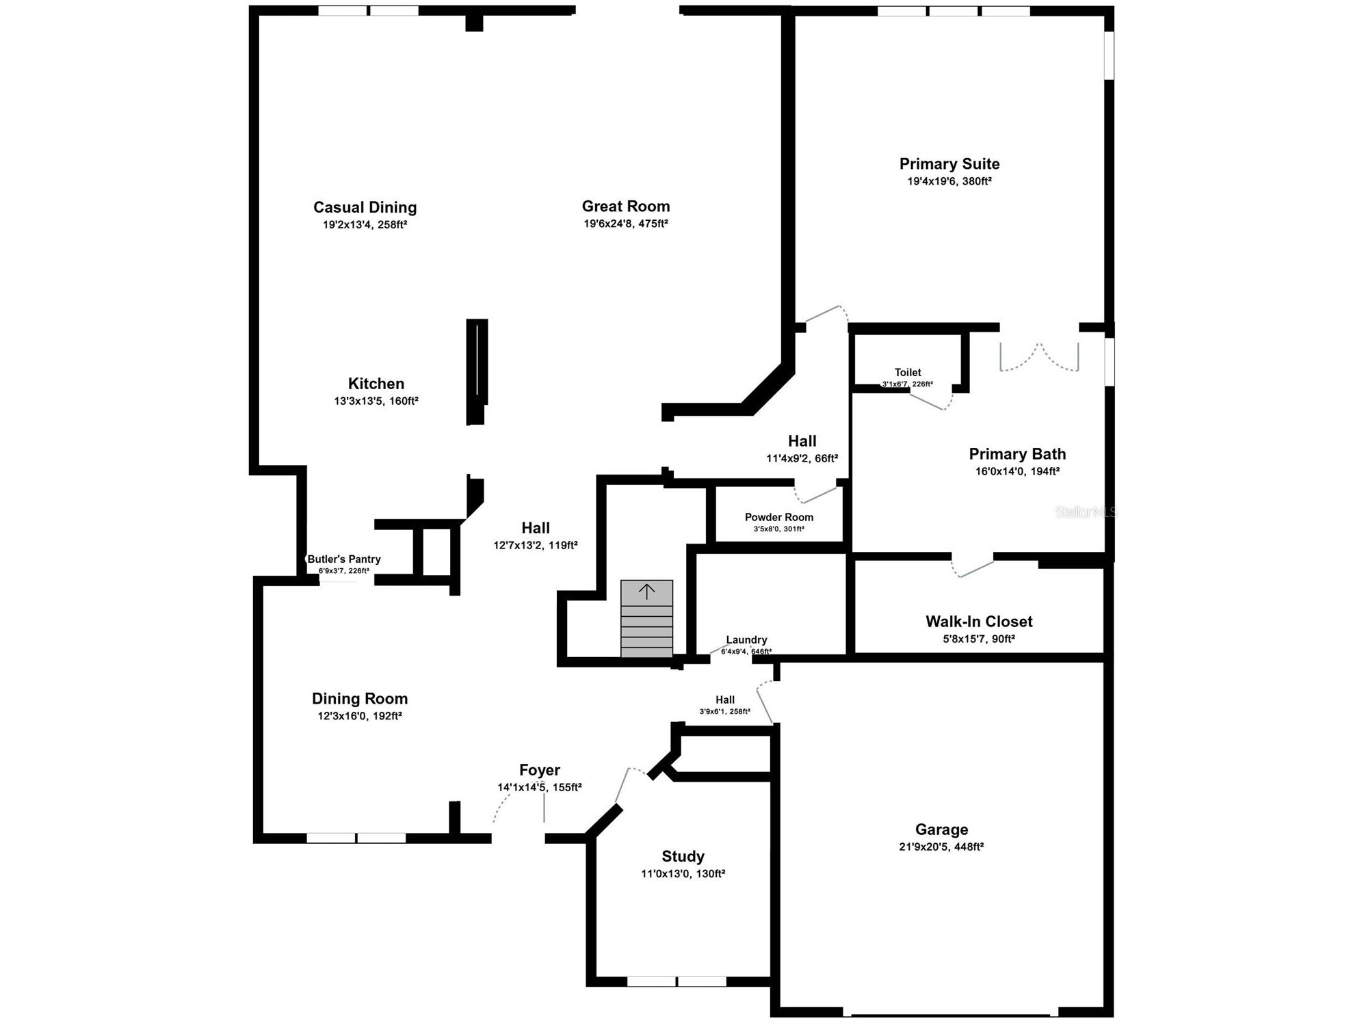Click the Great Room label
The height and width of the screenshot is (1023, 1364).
(625, 207)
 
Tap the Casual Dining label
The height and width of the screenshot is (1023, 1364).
(365, 207)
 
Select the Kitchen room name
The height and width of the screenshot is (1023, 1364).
(376, 384)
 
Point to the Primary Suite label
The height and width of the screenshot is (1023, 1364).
(949, 164)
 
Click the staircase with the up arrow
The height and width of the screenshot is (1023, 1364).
(646, 618)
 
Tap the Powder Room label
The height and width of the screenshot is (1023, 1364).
(778, 518)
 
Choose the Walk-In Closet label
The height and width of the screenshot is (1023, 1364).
(979, 622)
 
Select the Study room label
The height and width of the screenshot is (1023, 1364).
(683, 857)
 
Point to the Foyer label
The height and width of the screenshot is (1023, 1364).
(539, 771)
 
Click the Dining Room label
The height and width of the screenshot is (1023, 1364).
(359, 699)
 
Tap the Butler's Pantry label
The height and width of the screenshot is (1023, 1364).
(343, 559)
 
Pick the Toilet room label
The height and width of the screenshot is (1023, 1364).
(907, 373)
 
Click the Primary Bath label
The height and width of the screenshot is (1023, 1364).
(1017, 454)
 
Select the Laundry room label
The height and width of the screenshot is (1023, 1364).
(746, 640)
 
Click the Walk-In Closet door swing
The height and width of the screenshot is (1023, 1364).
(972, 568)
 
